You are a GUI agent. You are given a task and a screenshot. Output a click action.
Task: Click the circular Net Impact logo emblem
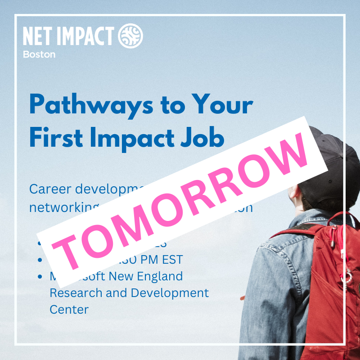coord(130,36)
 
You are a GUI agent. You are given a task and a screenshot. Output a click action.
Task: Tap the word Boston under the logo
coord(39,54)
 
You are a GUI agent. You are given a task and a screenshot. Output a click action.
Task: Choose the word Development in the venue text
coord(166,293)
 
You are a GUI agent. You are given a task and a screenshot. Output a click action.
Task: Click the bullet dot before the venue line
coord(41,277)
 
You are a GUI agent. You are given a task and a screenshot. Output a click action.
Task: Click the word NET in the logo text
coord(36,36)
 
